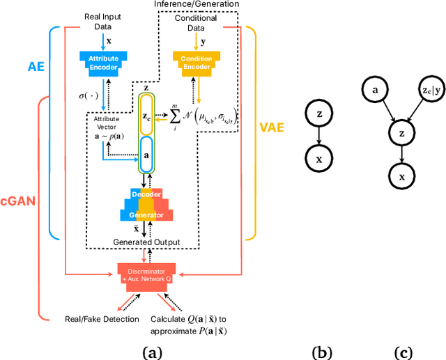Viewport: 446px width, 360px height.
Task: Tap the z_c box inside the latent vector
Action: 144,119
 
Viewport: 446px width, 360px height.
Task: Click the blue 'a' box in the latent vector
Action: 144,157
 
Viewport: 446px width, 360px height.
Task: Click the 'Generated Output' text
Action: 147,242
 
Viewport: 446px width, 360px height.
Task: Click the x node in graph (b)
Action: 319,159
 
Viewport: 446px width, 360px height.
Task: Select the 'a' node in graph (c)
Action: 375,89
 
